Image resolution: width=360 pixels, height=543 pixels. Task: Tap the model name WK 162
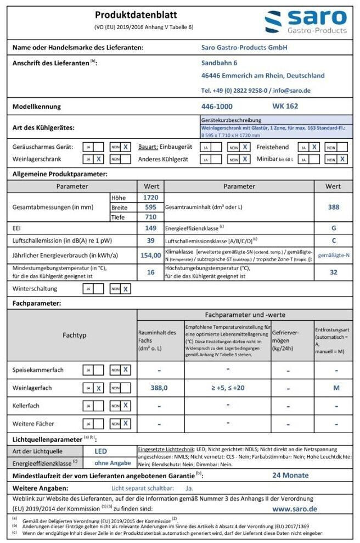285,106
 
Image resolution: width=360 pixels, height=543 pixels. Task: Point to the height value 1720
150,197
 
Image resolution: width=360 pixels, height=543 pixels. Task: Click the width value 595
150,207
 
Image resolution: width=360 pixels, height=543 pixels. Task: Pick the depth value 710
150,217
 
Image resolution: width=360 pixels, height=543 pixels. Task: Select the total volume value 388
333,207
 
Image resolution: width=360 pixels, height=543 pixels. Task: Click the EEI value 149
150,227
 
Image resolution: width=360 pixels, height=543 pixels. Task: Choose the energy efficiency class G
333,227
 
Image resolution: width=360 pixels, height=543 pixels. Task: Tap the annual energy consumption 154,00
150,255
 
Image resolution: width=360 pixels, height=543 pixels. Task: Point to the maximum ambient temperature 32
333,271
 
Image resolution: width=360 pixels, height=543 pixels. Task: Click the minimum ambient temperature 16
150,271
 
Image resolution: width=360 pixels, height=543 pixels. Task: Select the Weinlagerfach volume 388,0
159,388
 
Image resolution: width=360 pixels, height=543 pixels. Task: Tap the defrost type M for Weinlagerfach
336,388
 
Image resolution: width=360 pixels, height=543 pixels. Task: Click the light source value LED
100,451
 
